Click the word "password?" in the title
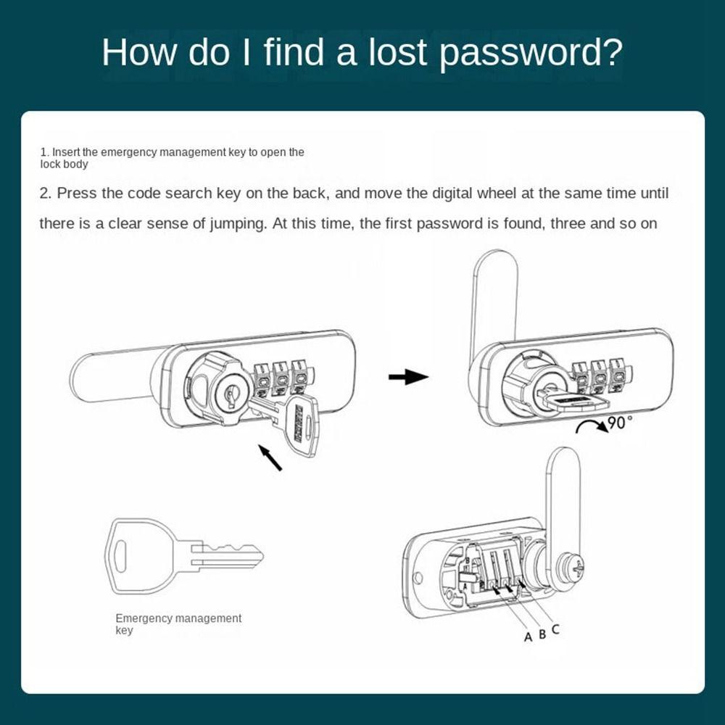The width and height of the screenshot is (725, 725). (531, 52)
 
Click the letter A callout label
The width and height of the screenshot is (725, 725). (528, 637)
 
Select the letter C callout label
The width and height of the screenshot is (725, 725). (555, 629)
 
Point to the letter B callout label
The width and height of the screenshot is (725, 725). (542, 634)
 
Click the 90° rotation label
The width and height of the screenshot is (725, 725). (620, 423)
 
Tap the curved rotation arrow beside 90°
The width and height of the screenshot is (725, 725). (592, 425)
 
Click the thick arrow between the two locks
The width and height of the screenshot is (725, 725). (408, 376)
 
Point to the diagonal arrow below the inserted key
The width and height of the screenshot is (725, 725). (270, 457)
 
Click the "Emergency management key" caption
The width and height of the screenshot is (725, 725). (178, 624)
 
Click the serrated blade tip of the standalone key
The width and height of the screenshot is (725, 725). (255, 555)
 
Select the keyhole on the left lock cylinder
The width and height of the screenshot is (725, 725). (230, 396)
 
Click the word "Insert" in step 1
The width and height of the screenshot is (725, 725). (66, 152)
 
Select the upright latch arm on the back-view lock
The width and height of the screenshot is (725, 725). (563, 500)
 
